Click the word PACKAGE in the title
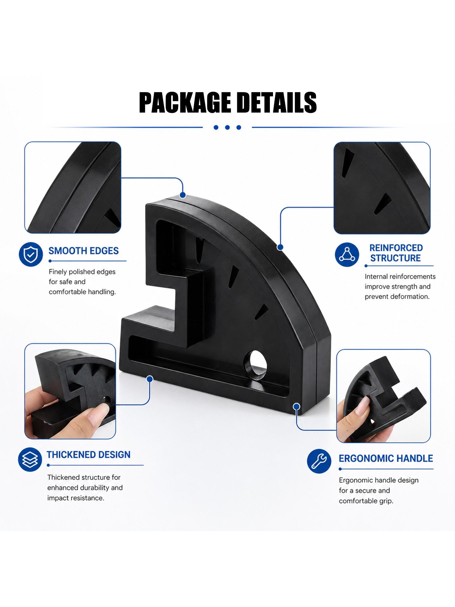pyautogui.click(x=185, y=102)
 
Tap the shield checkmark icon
pyautogui.click(x=31, y=255)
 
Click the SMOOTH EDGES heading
pyautogui.click(x=83, y=251)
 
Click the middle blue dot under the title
pyautogui.click(x=227, y=127)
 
